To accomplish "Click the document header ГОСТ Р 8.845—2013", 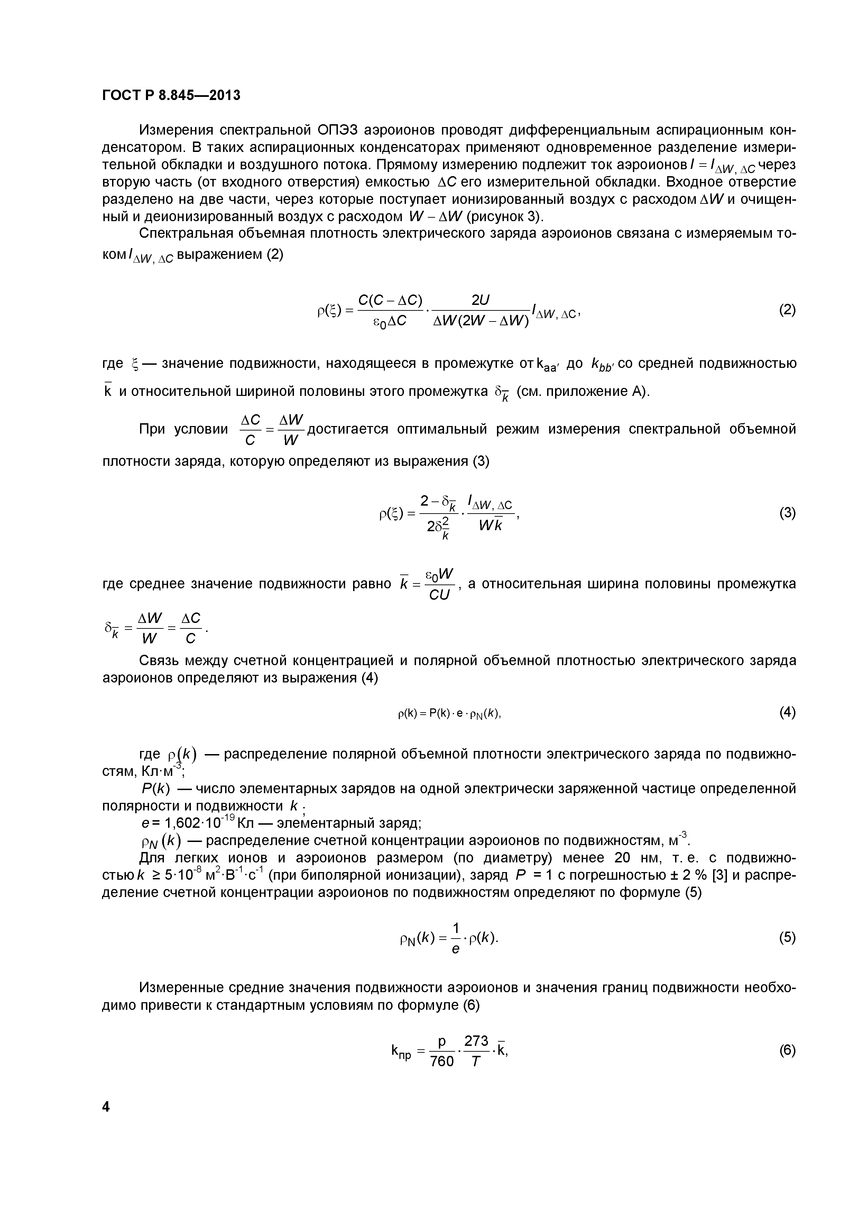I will (170, 95).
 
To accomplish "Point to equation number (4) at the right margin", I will (787, 713).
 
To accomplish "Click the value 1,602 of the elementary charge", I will (183, 823).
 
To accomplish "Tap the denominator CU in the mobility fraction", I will (439, 595).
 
